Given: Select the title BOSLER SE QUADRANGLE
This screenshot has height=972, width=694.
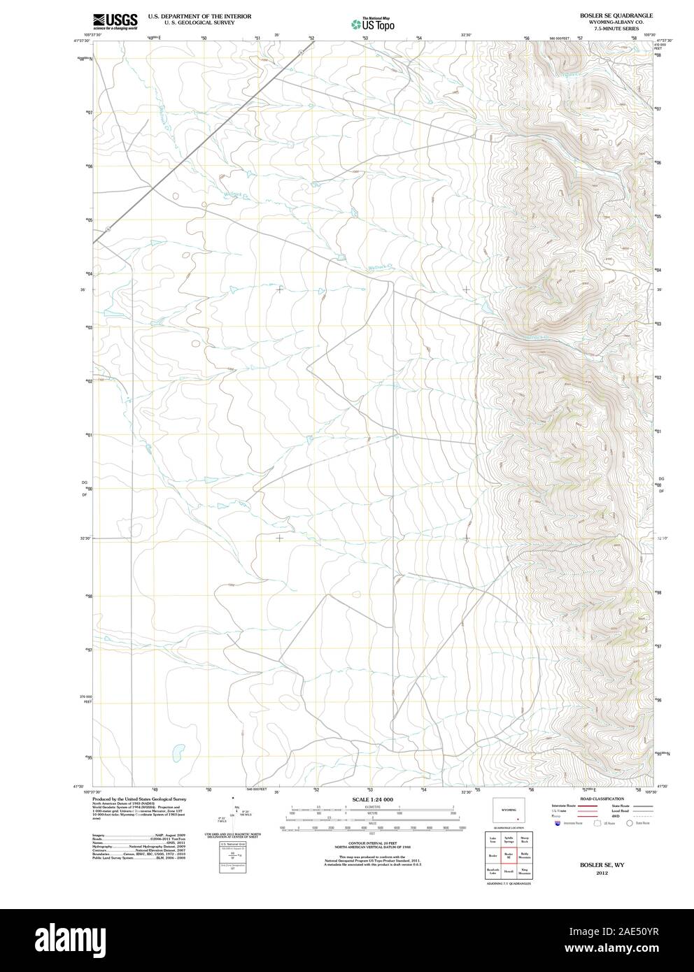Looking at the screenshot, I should pos(606,15).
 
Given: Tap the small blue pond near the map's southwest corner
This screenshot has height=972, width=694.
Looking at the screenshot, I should pos(178,751).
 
